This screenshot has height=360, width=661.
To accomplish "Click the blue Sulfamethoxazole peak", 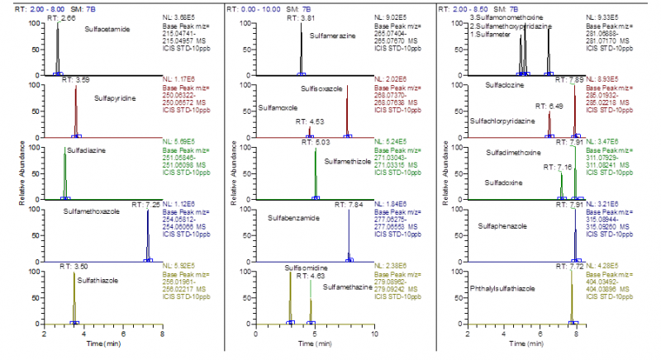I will pos(148,235).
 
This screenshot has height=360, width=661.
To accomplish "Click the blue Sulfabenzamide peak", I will pos(349,235).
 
